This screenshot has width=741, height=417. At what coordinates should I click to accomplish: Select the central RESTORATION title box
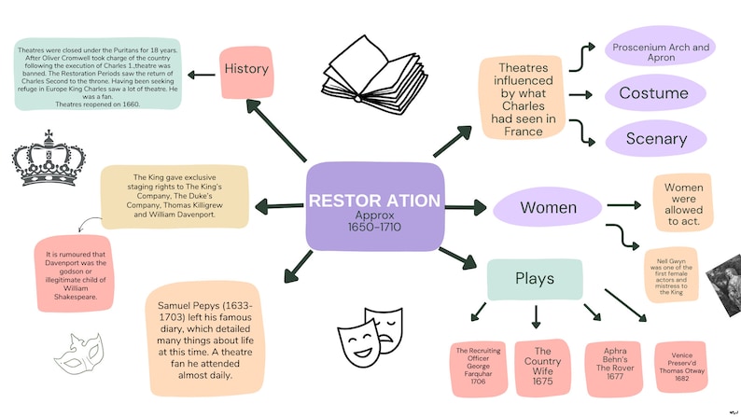coord(373,207)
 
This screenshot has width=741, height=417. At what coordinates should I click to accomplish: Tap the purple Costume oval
coord(653,93)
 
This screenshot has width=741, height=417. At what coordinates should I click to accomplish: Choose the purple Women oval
coord(548,207)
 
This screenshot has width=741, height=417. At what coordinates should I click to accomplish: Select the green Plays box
coord(535,279)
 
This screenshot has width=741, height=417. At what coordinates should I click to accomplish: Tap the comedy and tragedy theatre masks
coord(371,327)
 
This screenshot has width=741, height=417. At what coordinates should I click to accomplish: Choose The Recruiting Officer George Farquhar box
coord(472,367)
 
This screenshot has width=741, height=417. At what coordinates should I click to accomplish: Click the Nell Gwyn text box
coord(670,274)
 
